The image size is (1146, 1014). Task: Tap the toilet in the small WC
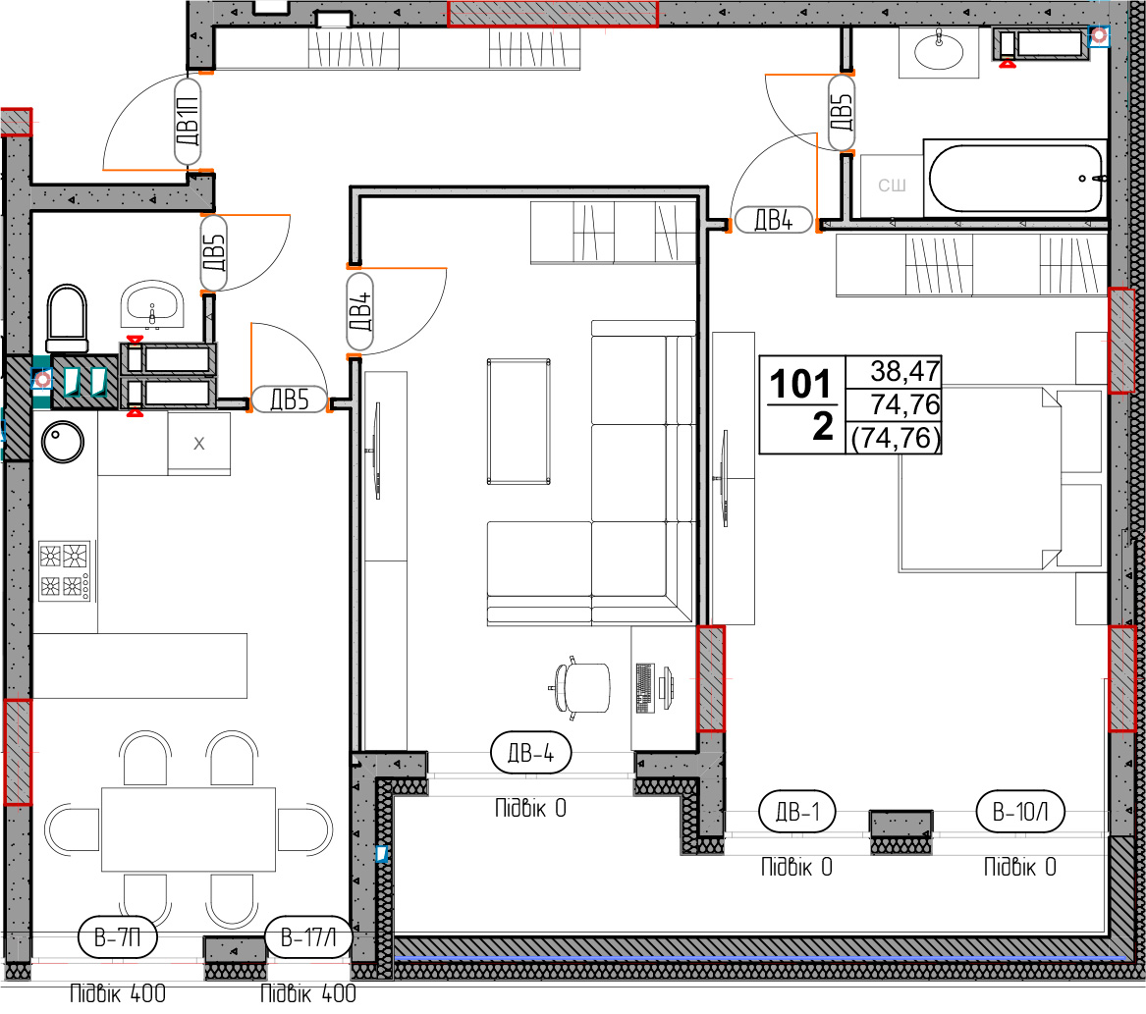67,319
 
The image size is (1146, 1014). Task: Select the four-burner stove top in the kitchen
65,570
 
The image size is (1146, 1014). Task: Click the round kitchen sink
63,442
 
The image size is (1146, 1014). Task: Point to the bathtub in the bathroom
1016,179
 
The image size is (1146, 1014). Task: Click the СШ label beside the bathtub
892,186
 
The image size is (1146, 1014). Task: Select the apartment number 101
800,384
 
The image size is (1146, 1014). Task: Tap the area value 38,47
904,371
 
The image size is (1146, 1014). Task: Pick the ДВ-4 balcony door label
530,753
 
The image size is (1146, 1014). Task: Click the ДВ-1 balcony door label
797,812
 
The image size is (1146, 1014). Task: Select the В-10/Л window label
1020,811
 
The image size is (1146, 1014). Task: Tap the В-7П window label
117,937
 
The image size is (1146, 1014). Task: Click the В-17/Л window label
308,937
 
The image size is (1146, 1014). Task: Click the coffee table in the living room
518,421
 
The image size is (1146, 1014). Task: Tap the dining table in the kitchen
189,829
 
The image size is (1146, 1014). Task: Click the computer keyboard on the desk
644,687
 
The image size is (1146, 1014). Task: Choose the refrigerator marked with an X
198,444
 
